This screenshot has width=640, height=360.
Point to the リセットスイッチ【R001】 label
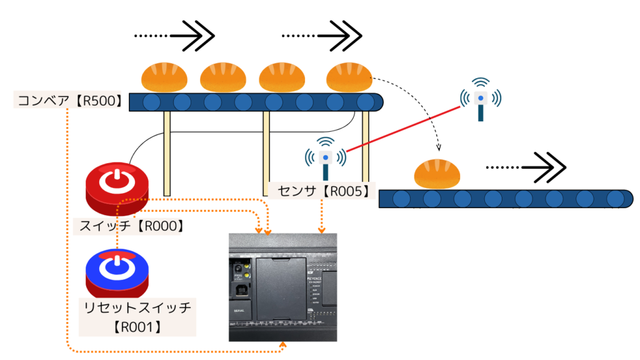[x=139, y=316]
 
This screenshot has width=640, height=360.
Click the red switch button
[x=117, y=187]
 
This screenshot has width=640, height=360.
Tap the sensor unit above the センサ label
[x=325, y=157]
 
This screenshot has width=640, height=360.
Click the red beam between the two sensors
[x=403, y=128]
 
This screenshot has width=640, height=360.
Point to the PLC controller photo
[x=282, y=287]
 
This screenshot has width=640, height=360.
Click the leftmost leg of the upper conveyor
[x=167, y=153]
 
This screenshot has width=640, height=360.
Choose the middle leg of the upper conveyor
[x=266, y=153]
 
